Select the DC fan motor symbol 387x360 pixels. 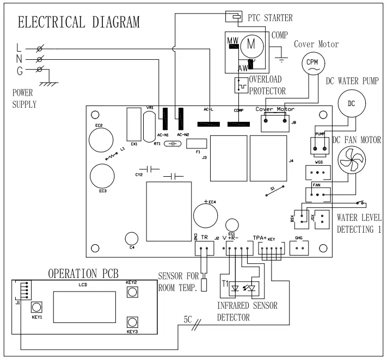tap(351, 161)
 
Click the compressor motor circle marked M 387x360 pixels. tap(251, 45)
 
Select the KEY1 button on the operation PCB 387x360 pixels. tap(37, 307)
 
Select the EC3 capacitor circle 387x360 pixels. tap(102, 175)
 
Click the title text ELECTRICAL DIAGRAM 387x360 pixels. tap(79, 22)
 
